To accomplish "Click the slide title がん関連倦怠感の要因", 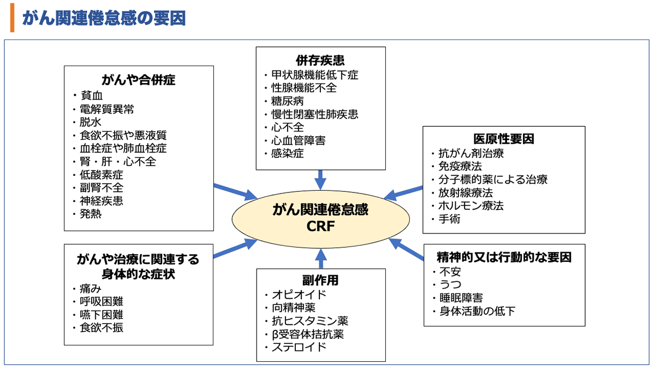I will click(x=104, y=18).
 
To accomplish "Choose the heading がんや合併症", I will click(x=138, y=80).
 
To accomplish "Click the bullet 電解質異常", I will click(x=106, y=109).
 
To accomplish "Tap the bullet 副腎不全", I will click(x=101, y=188).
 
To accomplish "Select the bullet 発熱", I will click(x=90, y=214).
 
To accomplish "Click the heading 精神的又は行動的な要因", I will click(x=504, y=257).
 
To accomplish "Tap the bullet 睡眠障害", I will click(x=461, y=298).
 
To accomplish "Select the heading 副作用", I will click(x=320, y=280).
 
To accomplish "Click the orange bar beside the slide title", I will click(x=12, y=18).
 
